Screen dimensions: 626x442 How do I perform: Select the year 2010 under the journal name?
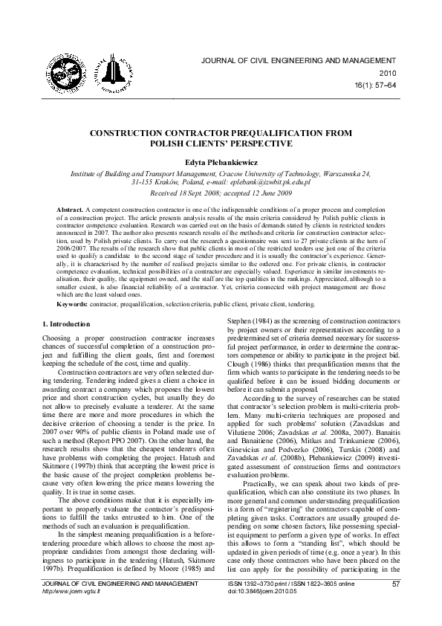point(389,73)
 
